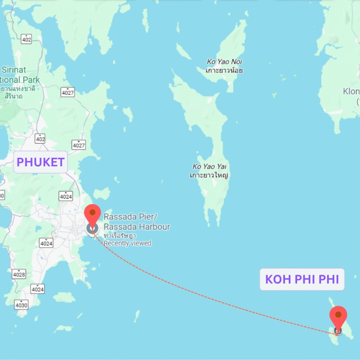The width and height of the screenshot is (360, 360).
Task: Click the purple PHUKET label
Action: pos(40,162)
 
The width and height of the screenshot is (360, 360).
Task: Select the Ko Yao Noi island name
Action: pos(225,62)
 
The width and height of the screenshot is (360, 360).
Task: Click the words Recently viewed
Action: pos(128,243)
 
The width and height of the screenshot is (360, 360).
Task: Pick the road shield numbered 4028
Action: pos(19,274)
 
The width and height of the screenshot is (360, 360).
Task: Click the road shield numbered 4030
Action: pos(21,305)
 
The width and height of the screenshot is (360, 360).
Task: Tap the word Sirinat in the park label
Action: pos(14,70)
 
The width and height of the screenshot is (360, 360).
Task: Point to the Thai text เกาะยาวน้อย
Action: pos(224,71)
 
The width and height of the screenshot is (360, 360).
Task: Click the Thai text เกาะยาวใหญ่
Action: pos(209,175)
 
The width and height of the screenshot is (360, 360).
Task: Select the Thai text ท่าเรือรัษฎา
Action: pos(120,235)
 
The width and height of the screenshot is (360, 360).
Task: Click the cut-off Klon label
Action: pos(351,91)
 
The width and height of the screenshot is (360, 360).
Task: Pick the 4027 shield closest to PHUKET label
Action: pos(79,144)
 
